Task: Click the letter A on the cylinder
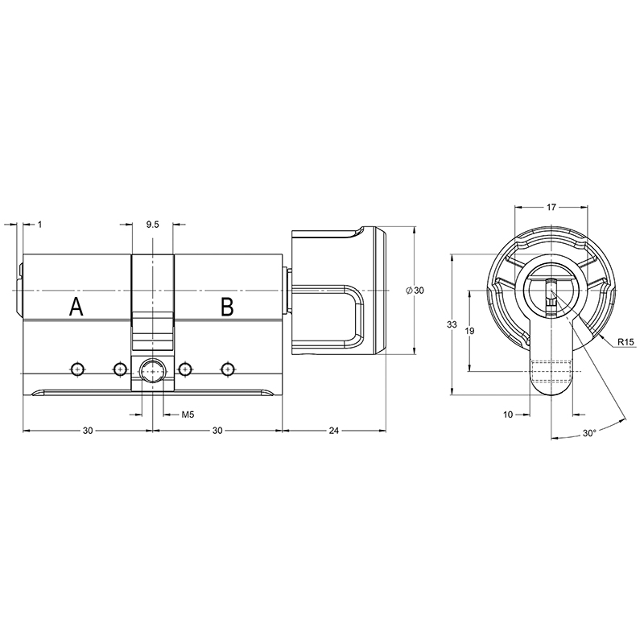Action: click(x=76, y=307)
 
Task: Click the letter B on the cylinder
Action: click(x=227, y=307)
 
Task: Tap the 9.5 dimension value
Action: click(x=152, y=225)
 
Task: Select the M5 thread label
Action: click(x=188, y=415)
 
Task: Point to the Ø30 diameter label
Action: click(x=415, y=291)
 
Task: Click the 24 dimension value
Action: click(x=334, y=431)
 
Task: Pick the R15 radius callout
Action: click(x=625, y=341)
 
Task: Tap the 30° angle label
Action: click(x=589, y=433)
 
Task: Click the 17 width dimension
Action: click(x=551, y=207)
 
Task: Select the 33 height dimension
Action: click(x=452, y=324)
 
